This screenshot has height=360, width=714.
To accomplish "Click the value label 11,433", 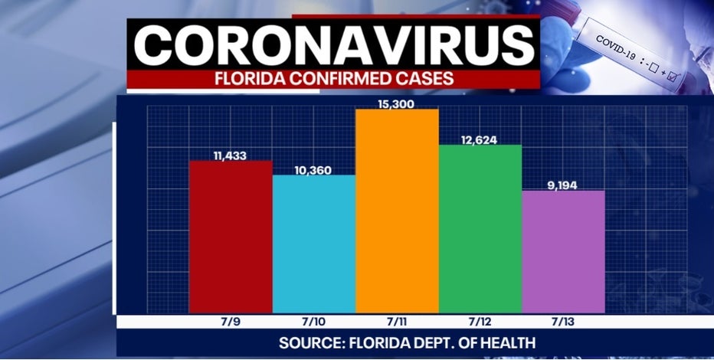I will coord(231,155).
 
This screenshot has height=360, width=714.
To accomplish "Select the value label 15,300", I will coord(397,103).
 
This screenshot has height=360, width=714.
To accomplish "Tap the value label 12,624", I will coord(480,139).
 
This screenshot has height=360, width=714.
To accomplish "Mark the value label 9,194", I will coord(563,185).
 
